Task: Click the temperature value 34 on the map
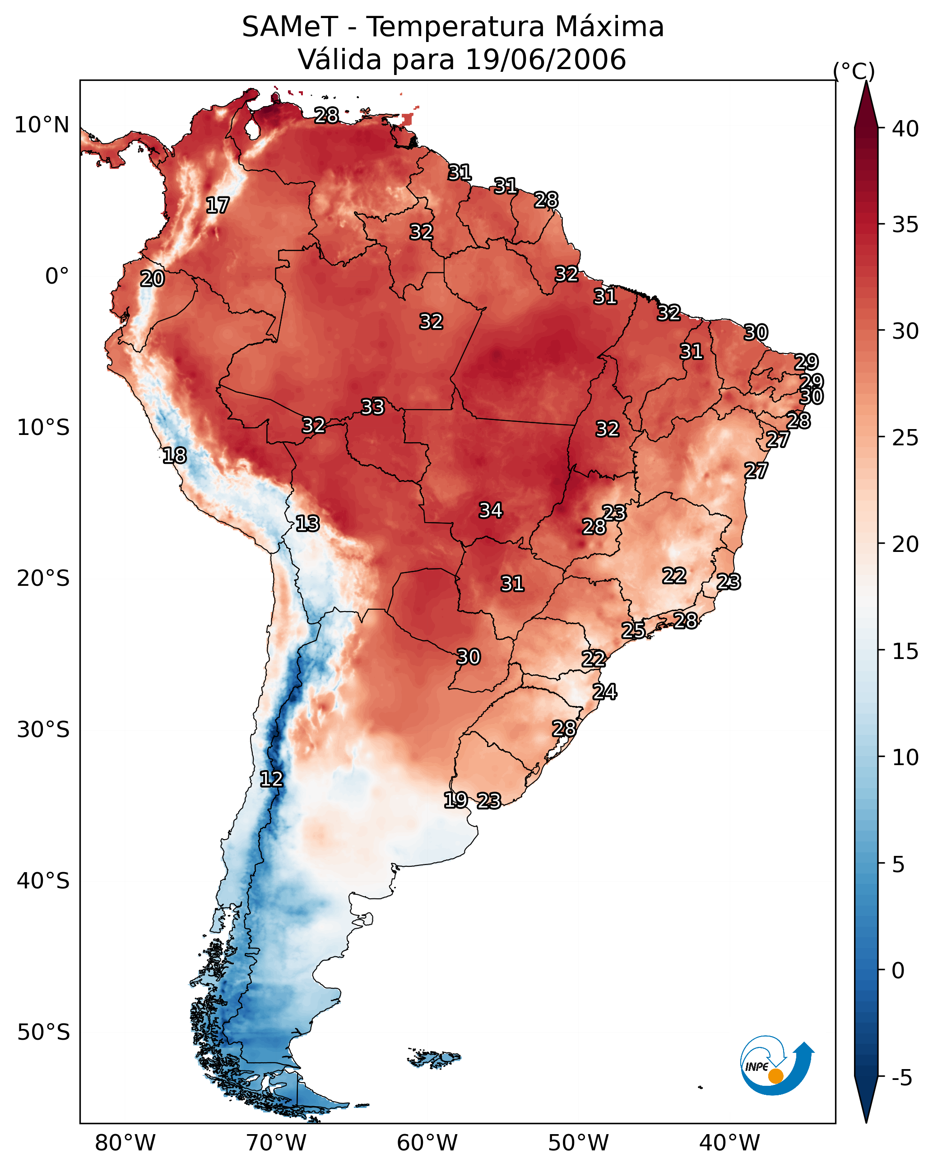click(x=491, y=510)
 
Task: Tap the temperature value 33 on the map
click(x=372, y=406)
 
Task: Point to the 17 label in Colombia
click(x=218, y=206)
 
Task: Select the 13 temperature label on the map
click(x=307, y=523)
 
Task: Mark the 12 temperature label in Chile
click(x=271, y=779)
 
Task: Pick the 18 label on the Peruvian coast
click(x=174, y=455)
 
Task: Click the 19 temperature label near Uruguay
click(x=455, y=799)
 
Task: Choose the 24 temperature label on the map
click(x=604, y=692)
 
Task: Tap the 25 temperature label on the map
click(x=633, y=630)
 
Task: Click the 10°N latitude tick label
click(x=42, y=125)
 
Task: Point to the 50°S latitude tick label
click(x=43, y=1032)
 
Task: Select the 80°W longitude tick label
click(x=125, y=1143)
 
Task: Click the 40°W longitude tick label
click(x=729, y=1143)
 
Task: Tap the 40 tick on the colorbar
click(x=905, y=129)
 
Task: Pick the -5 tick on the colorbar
click(x=901, y=1078)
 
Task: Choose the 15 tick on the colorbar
click(x=905, y=651)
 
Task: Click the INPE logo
click(x=776, y=1065)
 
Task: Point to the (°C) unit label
click(x=854, y=71)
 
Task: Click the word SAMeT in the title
click(x=290, y=27)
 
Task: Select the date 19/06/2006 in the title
click(x=545, y=60)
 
